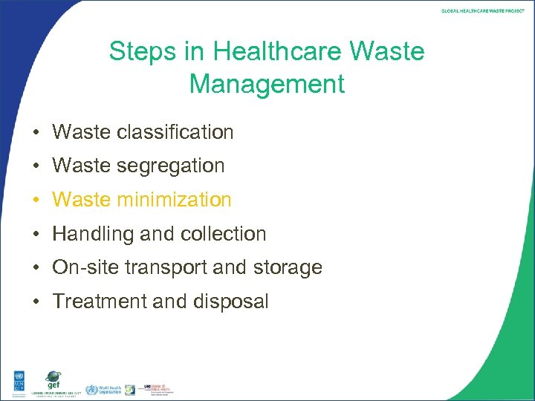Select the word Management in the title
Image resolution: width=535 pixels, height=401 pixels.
(267, 84)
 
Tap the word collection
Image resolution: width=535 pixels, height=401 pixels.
(223, 234)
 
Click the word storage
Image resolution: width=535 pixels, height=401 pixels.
(288, 267)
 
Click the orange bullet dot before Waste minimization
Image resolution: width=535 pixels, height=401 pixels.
(35, 200)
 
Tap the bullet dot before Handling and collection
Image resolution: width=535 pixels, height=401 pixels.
(35, 235)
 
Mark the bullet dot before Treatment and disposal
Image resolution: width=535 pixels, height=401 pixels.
(35, 302)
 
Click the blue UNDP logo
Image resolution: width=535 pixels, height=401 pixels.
(14, 381)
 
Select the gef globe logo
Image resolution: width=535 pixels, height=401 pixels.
(53, 379)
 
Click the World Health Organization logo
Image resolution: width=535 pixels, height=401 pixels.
(104, 389)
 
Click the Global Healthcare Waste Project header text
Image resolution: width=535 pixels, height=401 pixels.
(483, 10)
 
